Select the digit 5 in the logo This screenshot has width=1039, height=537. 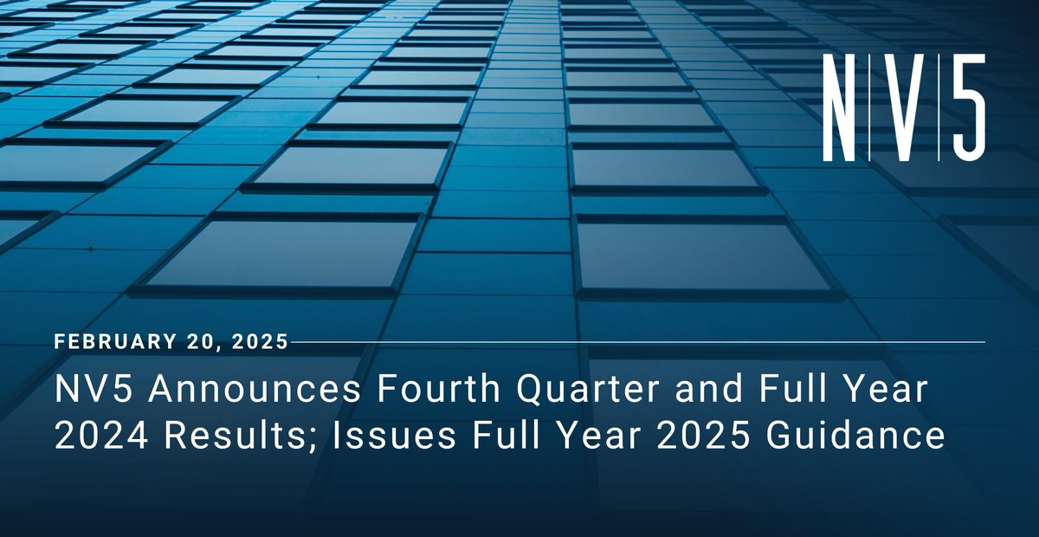click(963, 107)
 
